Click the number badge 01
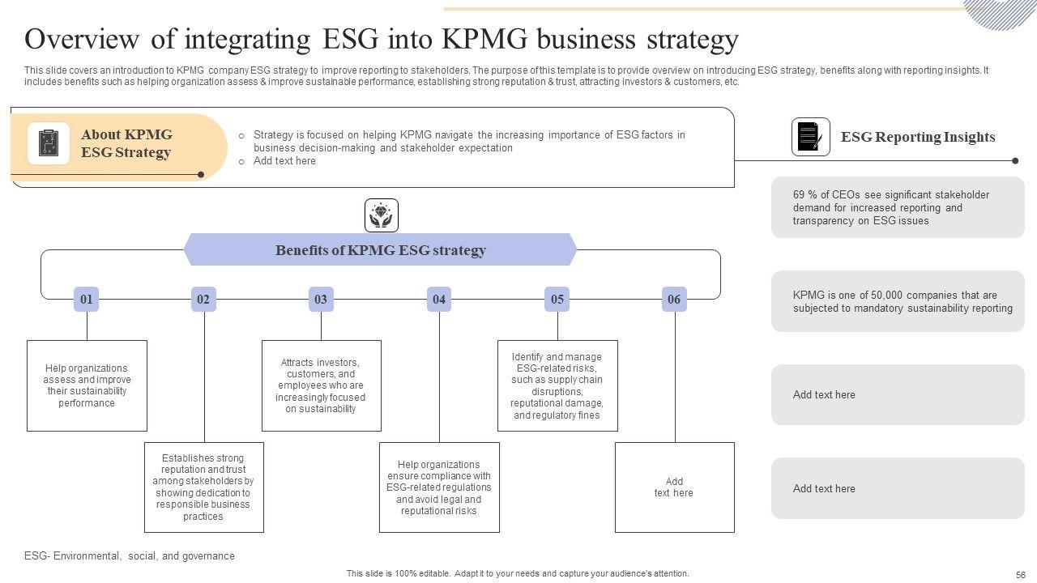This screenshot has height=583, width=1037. (86, 300)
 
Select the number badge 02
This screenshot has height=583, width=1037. (203, 300)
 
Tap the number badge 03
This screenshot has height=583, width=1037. (321, 300)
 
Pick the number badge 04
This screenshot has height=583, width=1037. (439, 300)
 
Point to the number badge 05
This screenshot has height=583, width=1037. (557, 300)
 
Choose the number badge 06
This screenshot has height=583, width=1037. (674, 300)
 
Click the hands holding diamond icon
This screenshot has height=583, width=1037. (382, 215)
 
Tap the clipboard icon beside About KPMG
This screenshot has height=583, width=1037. (49, 143)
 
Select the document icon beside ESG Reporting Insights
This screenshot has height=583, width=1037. (810, 137)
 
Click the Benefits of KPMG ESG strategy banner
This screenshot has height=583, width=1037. (381, 250)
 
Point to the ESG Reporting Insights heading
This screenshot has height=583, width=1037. (918, 137)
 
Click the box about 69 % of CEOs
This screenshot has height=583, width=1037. (898, 207)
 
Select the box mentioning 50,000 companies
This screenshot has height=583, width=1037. (898, 301)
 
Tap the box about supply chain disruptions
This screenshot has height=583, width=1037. (557, 385)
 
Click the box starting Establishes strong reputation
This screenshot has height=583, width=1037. (204, 487)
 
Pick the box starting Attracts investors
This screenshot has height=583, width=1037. (321, 385)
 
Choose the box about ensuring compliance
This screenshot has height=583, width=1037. (439, 487)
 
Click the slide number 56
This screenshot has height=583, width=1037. (1020, 574)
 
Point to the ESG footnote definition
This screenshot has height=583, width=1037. (130, 556)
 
